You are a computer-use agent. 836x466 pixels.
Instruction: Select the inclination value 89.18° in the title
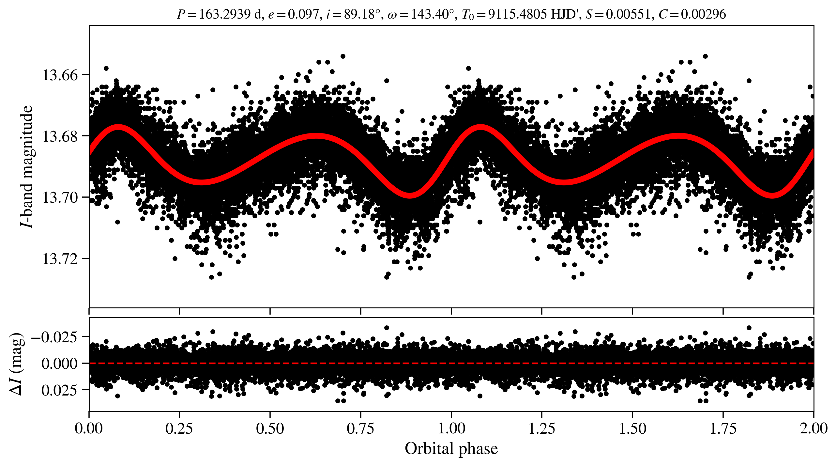pyautogui.click(x=362, y=14)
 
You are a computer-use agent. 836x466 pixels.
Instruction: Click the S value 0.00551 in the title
pyautogui.click(x=628, y=14)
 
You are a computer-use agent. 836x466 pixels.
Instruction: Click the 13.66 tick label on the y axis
pyautogui.click(x=55, y=75)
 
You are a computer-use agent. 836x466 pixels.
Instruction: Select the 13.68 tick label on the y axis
pyautogui.click(x=55, y=136)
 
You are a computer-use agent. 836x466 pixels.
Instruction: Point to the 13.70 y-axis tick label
pyautogui.click(x=55, y=198)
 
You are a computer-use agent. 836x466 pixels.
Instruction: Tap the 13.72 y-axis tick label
pyautogui.click(x=55, y=259)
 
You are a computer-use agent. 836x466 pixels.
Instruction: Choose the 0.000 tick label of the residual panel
pyautogui.click(x=59, y=364)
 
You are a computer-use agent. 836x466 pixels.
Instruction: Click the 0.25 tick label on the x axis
pyautogui.click(x=179, y=428)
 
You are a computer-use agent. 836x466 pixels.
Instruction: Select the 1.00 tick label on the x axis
pyautogui.click(x=451, y=428)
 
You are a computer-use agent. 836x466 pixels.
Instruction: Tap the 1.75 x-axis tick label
pyautogui.click(x=723, y=428)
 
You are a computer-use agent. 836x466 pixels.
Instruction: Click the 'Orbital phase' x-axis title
pyautogui.click(x=451, y=449)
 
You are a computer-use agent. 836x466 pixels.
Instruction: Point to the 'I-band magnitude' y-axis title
pyautogui.click(x=27, y=166)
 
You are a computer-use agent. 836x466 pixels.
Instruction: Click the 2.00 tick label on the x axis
pyautogui.click(x=813, y=428)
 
